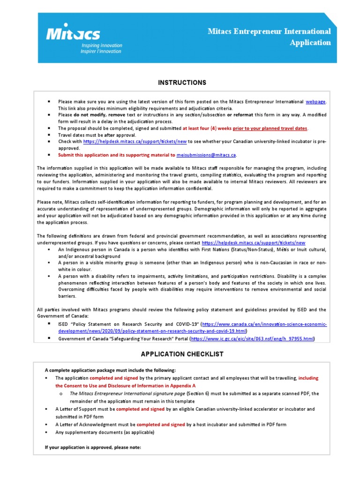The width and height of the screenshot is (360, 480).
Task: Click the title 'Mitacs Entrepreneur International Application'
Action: (270, 37)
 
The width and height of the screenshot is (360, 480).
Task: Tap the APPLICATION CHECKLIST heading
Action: (182, 354)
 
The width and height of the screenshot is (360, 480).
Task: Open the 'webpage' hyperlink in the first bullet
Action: (315, 101)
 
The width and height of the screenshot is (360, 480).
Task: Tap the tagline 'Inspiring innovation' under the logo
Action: (102, 45)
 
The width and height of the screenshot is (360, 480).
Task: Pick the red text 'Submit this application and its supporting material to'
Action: (117, 155)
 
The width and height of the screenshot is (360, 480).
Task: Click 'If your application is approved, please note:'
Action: (93, 447)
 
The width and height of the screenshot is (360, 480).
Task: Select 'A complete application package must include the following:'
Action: (110, 370)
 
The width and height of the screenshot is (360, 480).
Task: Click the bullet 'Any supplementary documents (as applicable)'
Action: (104, 432)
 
